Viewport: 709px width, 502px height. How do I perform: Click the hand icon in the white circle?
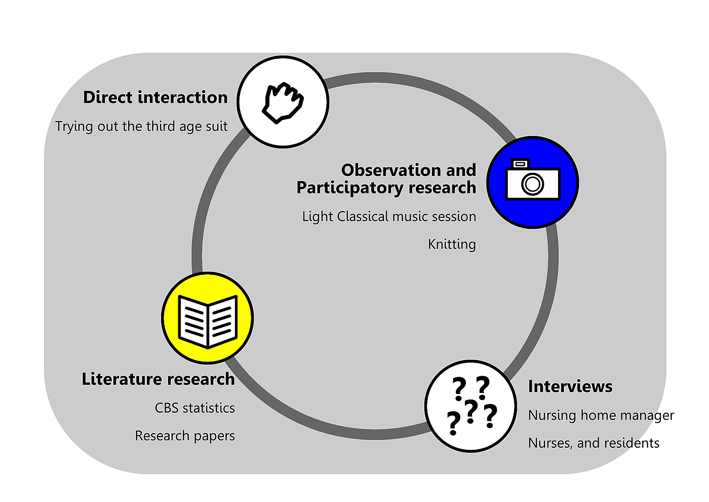[283, 102]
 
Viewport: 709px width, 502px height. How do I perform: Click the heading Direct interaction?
[155, 97]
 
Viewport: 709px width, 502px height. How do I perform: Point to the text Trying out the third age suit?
[141, 126]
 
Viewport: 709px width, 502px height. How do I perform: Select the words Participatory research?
[386, 188]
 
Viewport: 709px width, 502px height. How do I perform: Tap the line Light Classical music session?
[389, 217]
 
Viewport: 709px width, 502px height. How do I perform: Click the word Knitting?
[452, 244]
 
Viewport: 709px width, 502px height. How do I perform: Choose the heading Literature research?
[158, 379]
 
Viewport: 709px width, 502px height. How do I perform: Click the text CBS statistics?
[194, 408]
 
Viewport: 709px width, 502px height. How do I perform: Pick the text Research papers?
[185, 436]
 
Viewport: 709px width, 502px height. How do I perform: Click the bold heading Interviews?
[570, 386]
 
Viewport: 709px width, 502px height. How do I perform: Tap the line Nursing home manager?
[601, 415]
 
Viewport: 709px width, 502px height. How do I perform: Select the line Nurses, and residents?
[594, 443]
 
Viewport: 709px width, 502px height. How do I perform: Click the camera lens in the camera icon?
[533, 184]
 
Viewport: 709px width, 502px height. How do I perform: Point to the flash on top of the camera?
[520, 164]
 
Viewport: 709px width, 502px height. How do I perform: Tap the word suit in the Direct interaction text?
[217, 126]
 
